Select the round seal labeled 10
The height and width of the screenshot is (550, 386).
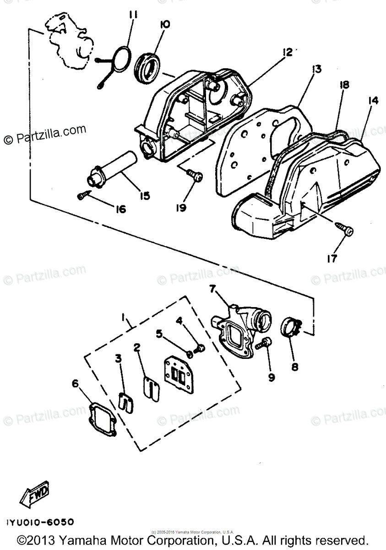(148, 67)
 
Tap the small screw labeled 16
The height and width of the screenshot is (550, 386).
(82, 196)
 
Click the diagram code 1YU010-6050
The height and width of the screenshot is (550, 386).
(40, 522)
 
